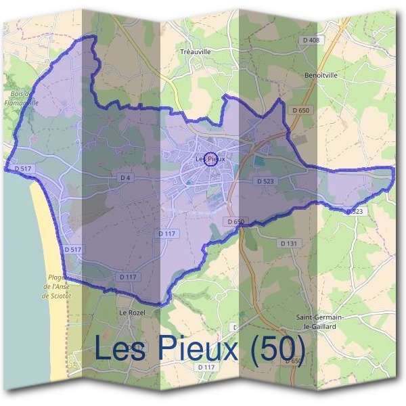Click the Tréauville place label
tap(197, 51)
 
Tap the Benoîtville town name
tap(321, 75)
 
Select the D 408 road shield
tap(311, 41)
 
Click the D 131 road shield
tap(288, 243)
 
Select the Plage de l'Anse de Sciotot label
tap(55, 286)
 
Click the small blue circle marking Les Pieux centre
tap(210, 159)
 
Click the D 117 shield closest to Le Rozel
tap(127, 277)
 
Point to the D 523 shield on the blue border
tap(355, 212)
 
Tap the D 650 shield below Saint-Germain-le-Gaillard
tap(292, 361)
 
